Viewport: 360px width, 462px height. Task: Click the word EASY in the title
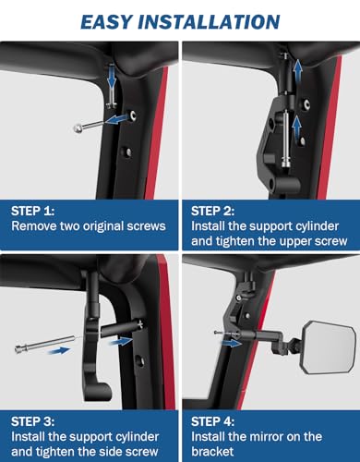(x=114, y=20)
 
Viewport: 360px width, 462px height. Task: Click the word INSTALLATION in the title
(x=214, y=20)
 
